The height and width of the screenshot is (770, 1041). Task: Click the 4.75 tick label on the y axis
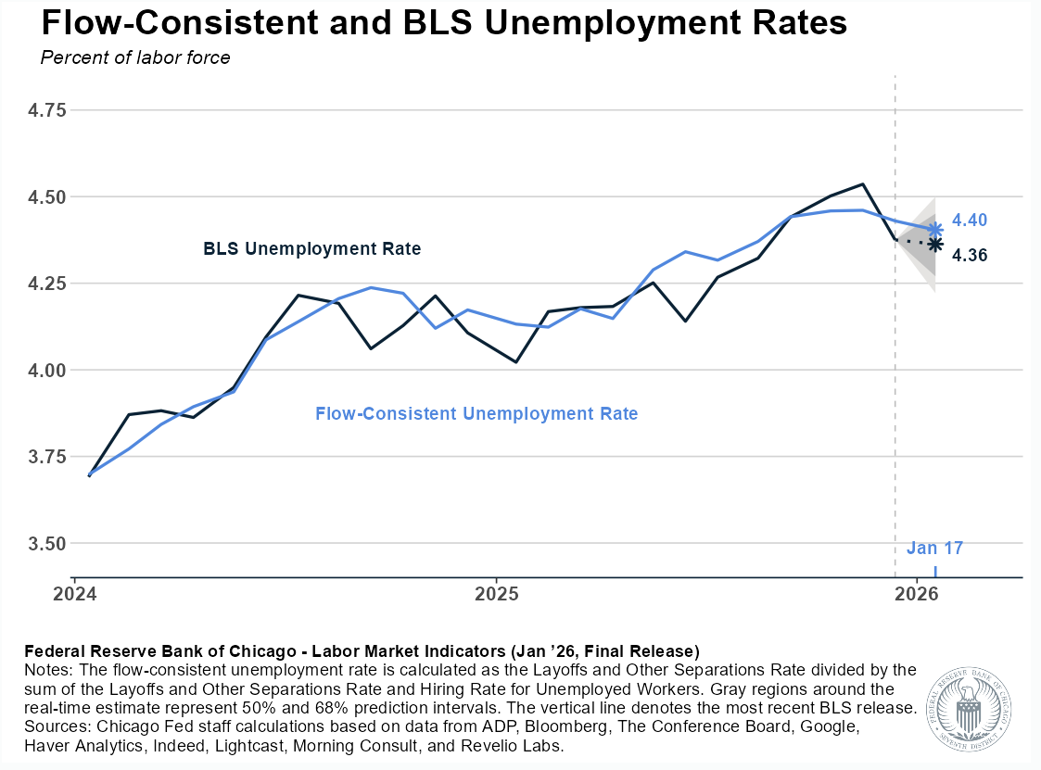(x=48, y=110)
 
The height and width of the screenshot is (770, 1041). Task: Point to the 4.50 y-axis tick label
(x=48, y=197)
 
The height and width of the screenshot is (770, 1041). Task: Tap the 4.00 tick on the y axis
(x=48, y=371)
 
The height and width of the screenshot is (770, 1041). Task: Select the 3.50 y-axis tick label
(x=48, y=544)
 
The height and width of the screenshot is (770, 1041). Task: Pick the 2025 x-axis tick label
(x=496, y=593)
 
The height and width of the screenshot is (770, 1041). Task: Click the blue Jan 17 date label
(x=934, y=548)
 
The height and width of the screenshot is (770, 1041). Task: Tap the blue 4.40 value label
(x=970, y=221)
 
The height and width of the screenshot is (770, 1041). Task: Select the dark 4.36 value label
(x=970, y=254)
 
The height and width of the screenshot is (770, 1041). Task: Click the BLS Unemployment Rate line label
(x=311, y=249)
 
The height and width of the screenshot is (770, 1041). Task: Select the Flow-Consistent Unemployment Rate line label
(x=476, y=414)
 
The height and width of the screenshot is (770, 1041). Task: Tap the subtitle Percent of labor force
(x=135, y=57)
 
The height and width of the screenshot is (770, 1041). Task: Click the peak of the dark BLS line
(x=863, y=184)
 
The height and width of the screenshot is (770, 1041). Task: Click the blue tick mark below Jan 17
(x=935, y=571)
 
